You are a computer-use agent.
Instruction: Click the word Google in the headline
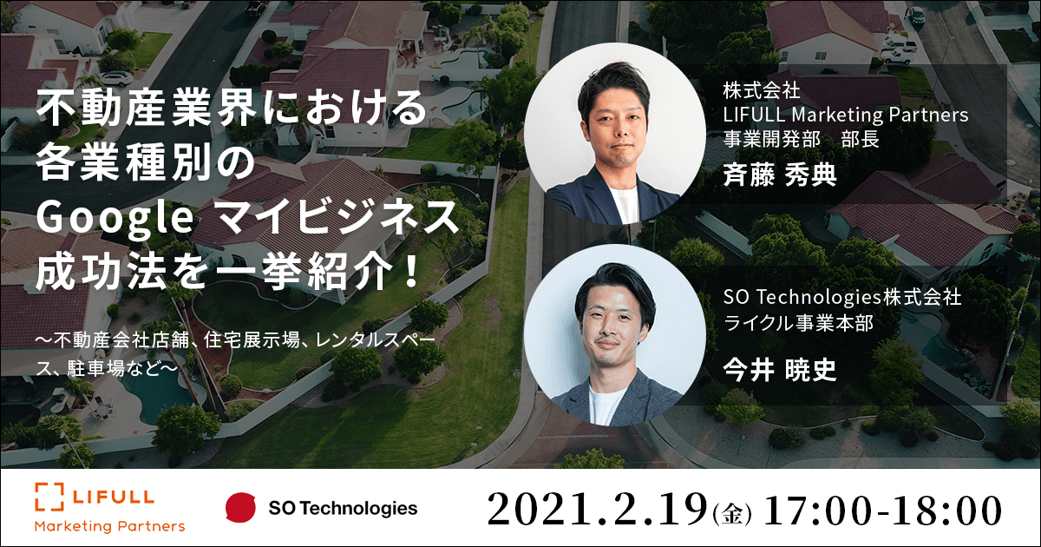[x=115, y=218]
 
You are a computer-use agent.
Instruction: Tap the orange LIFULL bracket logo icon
[x=49, y=497]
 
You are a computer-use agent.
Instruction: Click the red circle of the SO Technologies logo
[x=241, y=507]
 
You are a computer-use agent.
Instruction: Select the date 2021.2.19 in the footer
[x=597, y=510]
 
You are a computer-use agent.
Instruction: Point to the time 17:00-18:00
[x=883, y=511]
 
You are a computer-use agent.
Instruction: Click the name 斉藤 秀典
[x=780, y=175]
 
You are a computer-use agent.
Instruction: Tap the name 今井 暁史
[x=780, y=371]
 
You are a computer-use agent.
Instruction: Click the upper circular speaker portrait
[x=615, y=134]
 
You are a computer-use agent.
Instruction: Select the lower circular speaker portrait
[x=615, y=335]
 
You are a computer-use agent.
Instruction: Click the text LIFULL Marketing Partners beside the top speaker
[x=845, y=115]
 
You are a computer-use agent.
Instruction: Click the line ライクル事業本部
[x=798, y=323]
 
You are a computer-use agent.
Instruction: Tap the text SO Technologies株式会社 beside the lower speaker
[x=842, y=297]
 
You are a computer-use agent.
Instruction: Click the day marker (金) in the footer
[x=732, y=515]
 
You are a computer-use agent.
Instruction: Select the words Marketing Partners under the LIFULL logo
[x=109, y=526]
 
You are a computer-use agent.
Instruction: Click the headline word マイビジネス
[x=338, y=218]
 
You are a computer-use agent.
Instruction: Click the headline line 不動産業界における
[x=231, y=109]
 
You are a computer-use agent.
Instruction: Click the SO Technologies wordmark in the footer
[x=343, y=508]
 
